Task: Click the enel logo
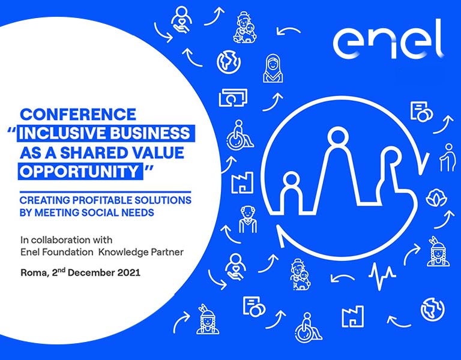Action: (388, 40)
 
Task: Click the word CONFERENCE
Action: (78, 114)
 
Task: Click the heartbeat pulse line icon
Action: (382, 274)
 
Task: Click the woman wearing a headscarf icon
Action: (273, 69)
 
